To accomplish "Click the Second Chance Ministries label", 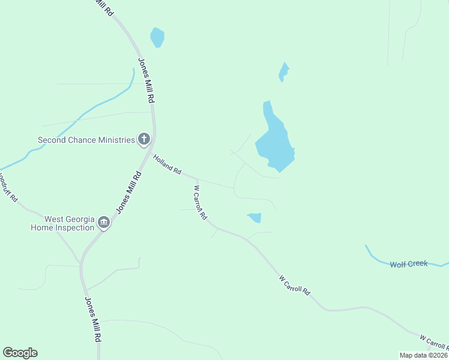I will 86,140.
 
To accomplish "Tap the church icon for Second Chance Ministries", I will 144,140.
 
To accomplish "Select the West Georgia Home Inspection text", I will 64,223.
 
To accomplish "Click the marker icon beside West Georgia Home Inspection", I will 104,223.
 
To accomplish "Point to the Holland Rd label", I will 167,164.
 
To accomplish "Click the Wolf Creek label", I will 408,264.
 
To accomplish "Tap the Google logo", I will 20,353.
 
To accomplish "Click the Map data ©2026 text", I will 423,355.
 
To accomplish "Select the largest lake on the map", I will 274,141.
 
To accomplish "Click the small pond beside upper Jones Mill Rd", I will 157,37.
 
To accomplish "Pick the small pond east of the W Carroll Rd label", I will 255,217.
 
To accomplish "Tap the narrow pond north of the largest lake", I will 283,72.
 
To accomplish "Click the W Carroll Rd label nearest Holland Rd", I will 200,202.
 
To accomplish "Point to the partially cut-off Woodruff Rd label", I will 8,187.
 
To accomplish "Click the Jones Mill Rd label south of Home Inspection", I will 92,319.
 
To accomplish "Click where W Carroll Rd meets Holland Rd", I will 196,178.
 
